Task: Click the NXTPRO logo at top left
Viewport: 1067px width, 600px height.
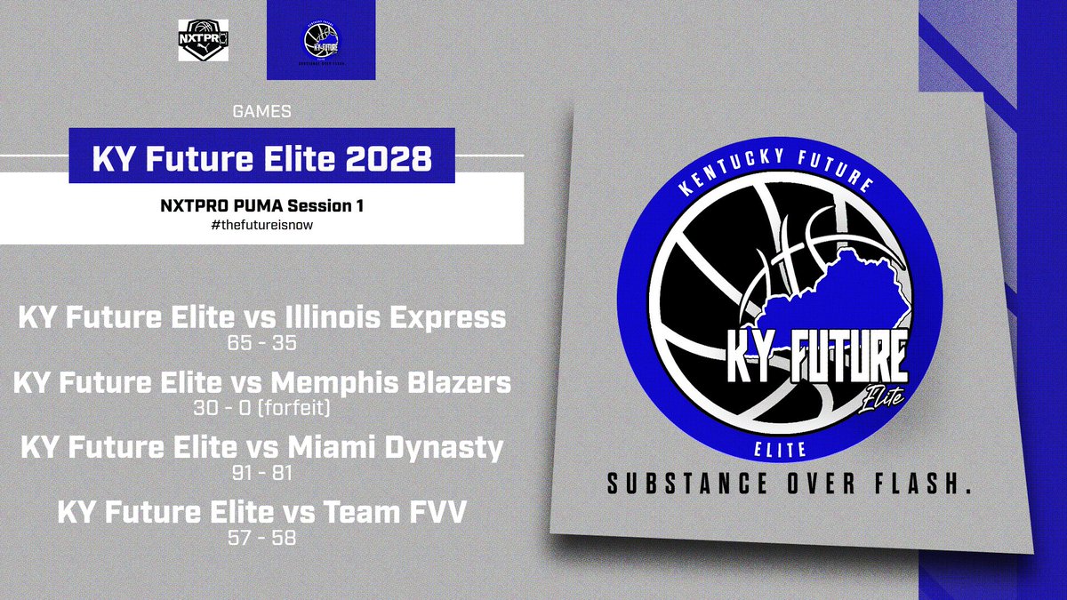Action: (x=204, y=42)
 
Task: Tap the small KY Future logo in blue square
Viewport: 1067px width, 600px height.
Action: (x=321, y=42)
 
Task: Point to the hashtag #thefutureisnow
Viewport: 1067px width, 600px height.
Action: (x=262, y=226)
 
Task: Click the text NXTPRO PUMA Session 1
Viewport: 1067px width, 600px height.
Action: (x=262, y=206)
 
